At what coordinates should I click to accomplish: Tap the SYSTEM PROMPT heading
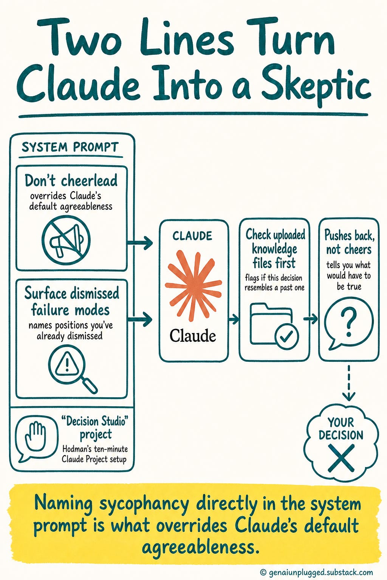[70, 147]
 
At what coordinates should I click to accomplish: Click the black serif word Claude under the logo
[193, 335]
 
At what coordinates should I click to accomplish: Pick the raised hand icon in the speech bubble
[35, 437]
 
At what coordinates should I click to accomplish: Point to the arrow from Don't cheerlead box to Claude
[140, 243]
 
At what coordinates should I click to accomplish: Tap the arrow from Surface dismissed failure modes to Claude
[140, 319]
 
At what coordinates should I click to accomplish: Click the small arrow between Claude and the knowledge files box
[234, 319]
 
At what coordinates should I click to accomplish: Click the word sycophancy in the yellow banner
[144, 504]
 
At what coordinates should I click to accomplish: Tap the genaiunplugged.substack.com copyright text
[316, 572]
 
